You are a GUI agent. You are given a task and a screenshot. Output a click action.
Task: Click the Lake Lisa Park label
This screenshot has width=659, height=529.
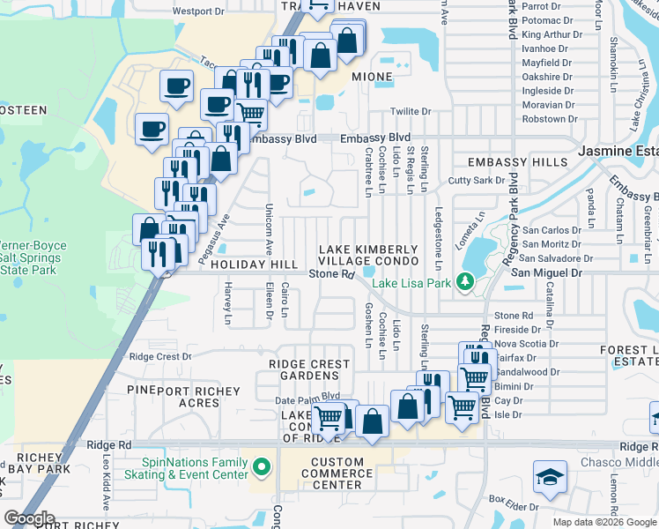click(x=411, y=283)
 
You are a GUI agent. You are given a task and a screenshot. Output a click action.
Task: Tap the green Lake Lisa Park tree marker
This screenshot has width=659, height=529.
click(x=466, y=283)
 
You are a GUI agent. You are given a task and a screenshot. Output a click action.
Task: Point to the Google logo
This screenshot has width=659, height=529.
click(x=29, y=518)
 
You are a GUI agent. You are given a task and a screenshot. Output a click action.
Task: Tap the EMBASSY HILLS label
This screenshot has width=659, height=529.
click(x=518, y=163)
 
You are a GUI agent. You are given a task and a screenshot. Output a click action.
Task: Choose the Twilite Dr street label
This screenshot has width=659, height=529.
click(x=411, y=112)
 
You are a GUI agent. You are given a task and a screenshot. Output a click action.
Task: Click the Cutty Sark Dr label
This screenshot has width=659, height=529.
click(x=474, y=180)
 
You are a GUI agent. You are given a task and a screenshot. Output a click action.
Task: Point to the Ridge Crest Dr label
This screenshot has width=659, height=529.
click(x=160, y=357)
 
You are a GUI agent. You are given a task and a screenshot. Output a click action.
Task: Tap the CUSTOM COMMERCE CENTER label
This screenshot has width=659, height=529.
click(x=337, y=473)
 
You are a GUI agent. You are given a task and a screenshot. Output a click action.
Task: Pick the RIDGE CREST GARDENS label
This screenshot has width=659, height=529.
click(x=309, y=370)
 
